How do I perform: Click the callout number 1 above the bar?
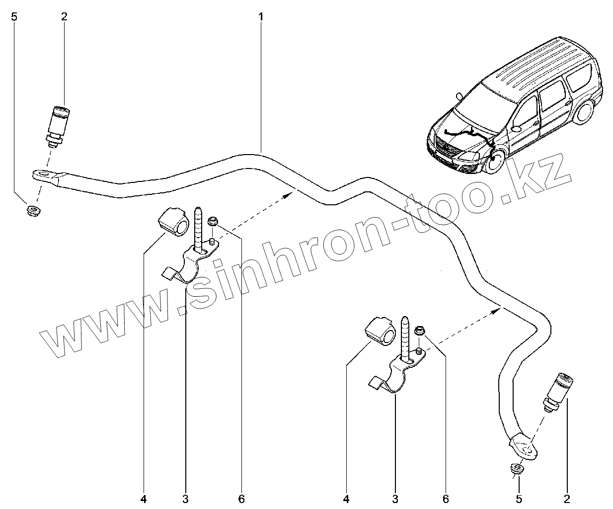click(x=260, y=17)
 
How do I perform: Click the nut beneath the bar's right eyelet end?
click(x=517, y=470)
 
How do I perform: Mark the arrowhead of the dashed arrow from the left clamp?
click(x=287, y=195)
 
